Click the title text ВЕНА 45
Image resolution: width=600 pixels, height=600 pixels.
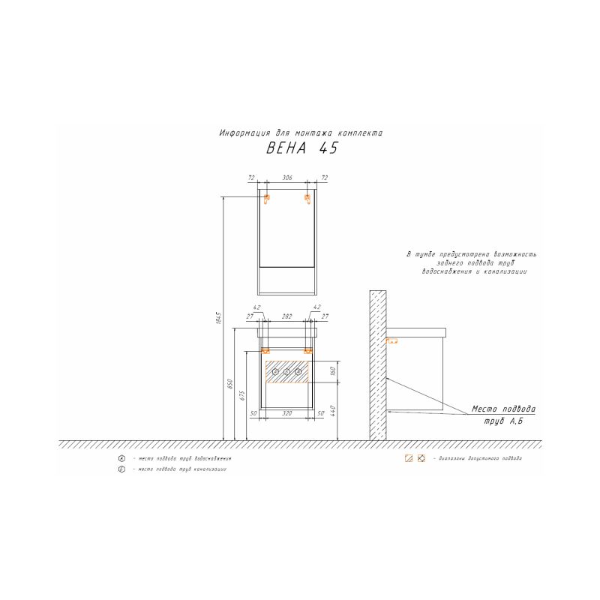point(302,148)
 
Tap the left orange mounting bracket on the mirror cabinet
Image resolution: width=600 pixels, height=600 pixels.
point(265,199)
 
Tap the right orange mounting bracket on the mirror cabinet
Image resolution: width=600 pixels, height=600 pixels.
point(307,199)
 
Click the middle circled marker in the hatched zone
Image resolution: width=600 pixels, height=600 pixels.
point(286,372)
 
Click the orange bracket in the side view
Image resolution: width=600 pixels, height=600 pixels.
point(390,341)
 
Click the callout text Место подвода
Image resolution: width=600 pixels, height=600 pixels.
point(503,409)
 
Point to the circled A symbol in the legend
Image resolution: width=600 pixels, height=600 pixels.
point(121,458)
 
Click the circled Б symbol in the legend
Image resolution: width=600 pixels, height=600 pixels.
point(121,469)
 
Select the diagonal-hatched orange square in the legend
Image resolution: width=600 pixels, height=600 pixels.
point(409,458)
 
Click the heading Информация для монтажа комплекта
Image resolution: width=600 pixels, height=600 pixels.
point(301,133)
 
